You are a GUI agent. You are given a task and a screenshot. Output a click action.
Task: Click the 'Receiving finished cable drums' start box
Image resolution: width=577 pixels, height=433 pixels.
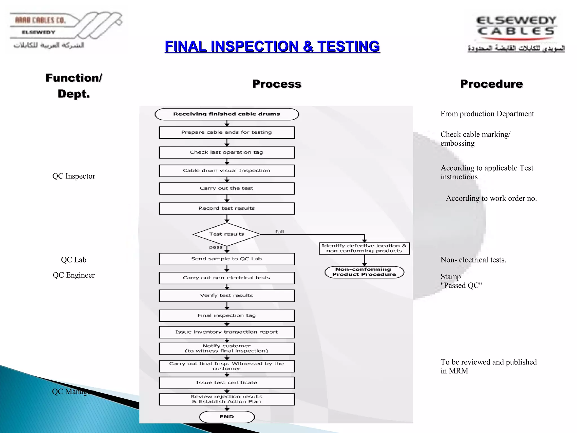227,114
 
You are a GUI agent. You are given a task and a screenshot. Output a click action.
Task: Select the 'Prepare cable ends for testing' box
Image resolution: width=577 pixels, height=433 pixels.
227,132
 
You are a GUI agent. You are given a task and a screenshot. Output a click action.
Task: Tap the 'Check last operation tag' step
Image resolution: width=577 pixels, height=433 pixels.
227,153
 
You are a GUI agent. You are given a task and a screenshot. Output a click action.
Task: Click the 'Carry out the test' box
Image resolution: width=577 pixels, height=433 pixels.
227,188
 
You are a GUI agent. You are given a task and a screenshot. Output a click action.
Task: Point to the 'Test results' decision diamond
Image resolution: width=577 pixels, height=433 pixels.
227,234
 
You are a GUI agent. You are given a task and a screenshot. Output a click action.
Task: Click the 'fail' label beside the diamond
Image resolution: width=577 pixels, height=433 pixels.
279,232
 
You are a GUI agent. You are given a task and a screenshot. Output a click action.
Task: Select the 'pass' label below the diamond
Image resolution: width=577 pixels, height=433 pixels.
216,247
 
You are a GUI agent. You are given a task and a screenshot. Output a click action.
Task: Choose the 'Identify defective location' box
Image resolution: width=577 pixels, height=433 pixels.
364,248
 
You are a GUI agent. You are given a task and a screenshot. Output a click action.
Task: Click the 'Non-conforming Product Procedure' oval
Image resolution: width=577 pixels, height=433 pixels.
364,272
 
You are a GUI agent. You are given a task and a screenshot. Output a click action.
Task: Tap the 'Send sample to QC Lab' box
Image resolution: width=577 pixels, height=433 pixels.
227,259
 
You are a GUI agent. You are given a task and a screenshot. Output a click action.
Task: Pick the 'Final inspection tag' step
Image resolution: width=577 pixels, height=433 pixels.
227,316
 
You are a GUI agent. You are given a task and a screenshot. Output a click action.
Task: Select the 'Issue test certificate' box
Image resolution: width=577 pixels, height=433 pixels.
227,383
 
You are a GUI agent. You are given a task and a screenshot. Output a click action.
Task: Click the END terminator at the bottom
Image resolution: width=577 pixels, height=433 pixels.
227,417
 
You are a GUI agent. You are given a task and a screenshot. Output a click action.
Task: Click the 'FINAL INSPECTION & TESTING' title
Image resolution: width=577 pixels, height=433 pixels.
272,47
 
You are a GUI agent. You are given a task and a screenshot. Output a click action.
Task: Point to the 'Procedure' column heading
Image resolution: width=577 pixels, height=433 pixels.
491,84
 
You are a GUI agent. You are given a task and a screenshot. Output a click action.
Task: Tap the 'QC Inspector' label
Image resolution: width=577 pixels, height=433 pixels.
74,176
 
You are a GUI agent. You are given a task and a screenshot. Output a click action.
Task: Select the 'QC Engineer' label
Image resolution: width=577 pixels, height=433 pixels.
74,275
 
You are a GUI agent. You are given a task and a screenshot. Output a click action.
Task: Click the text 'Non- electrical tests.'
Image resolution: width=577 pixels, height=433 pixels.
473,260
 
